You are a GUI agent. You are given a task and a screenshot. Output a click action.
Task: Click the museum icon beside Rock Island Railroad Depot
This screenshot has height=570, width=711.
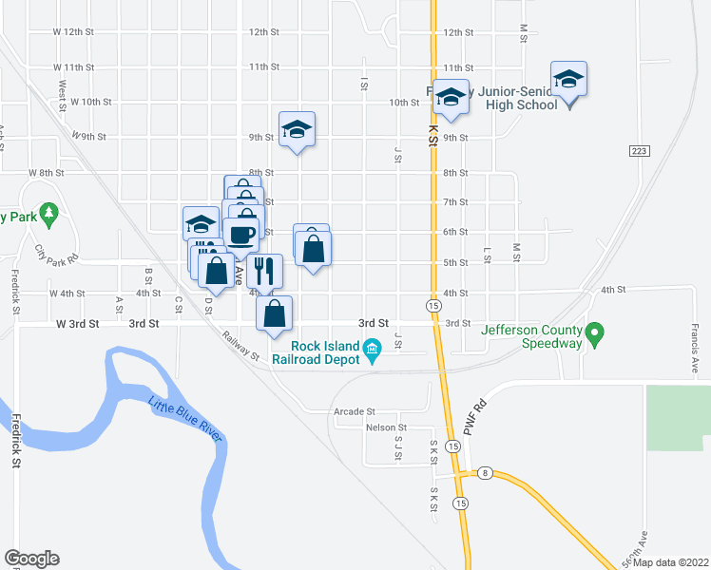click(x=373, y=352)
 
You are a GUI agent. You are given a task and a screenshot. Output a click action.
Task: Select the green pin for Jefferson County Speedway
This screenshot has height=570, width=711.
click(x=595, y=334)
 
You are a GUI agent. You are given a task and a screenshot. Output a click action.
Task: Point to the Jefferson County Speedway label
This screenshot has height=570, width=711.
click(x=530, y=336)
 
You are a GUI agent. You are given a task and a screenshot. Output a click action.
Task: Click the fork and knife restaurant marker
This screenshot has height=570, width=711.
click(x=264, y=271)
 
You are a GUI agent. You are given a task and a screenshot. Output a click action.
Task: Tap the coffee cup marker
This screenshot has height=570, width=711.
click(x=240, y=234)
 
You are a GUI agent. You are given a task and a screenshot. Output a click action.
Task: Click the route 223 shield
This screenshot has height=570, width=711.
click(x=639, y=151)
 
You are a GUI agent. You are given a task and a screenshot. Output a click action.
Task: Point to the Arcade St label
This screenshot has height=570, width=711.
click(x=355, y=412)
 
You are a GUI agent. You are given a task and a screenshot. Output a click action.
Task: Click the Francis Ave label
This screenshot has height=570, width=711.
click(x=695, y=351)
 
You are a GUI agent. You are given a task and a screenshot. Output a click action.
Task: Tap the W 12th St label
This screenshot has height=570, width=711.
click(x=74, y=31)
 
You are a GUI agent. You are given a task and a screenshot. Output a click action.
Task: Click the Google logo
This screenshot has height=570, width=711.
click(x=31, y=559)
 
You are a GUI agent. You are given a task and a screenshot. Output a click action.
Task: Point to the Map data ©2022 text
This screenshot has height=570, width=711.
click(x=671, y=562)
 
